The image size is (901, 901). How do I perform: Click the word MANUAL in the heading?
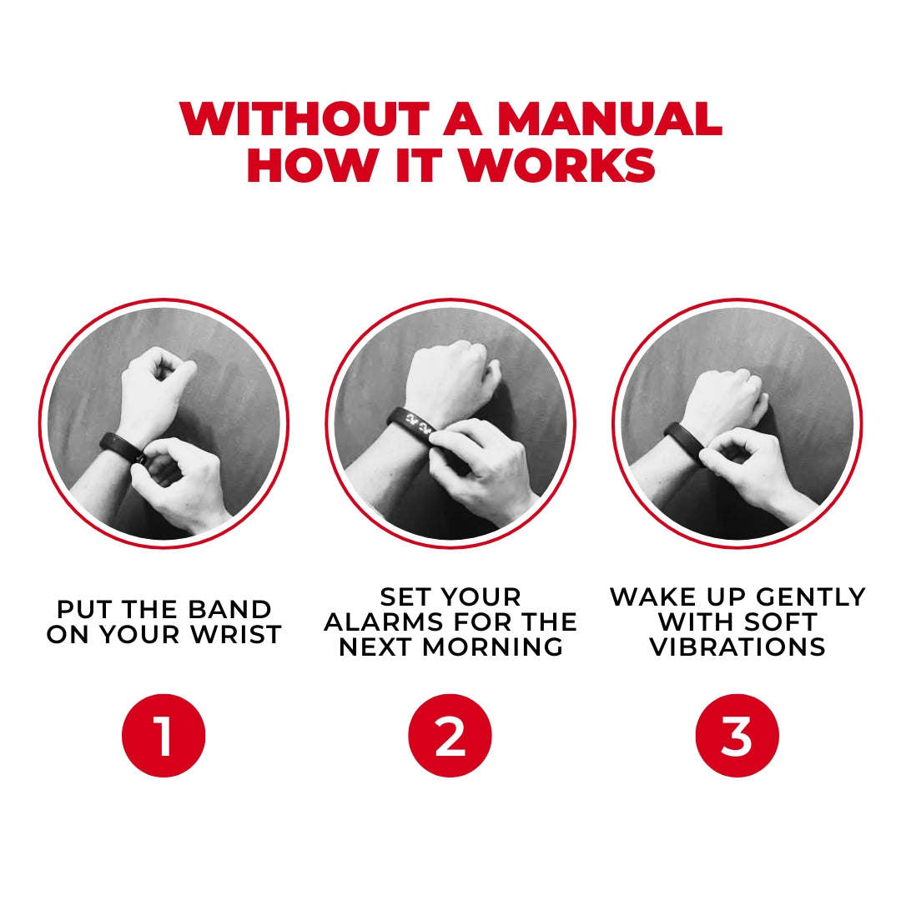tap(609, 120)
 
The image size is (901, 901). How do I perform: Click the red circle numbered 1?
tap(164, 736)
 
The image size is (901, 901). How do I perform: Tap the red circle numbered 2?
tap(450, 736)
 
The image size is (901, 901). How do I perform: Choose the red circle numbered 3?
tap(737, 736)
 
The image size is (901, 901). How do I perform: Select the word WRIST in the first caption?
tap(239, 635)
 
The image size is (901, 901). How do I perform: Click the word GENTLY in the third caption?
tap(814, 597)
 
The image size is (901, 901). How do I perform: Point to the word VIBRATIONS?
tap(737, 647)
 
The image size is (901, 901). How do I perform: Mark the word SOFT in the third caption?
tap(782, 622)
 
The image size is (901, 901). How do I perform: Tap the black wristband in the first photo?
tap(121, 446)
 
